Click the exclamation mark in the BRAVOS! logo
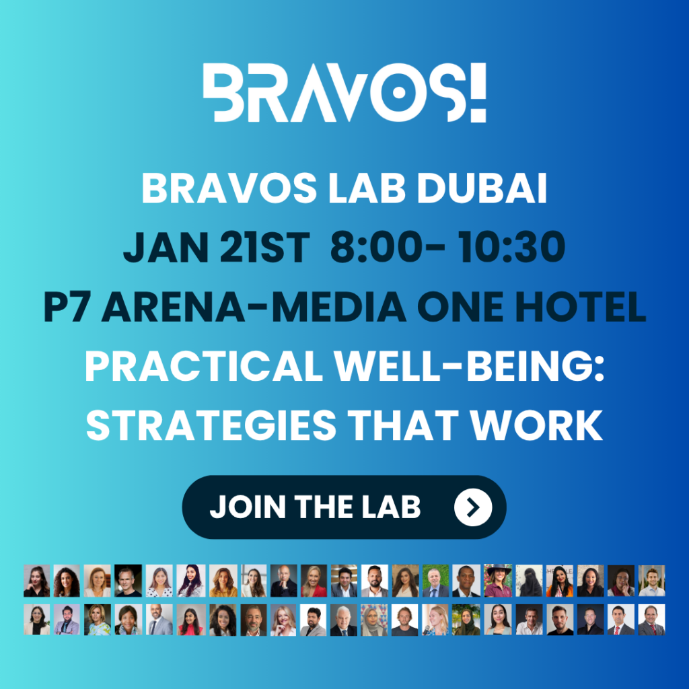point(478,92)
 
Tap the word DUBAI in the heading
point(482,188)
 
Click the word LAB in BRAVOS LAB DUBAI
point(367,188)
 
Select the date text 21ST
point(264,247)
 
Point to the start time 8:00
point(375,247)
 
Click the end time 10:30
point(511,247)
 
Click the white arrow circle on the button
point(473,507)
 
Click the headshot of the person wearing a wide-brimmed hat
point(498,581)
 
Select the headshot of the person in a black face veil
point(529,581)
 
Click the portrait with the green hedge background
point(435,581)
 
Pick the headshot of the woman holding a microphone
point(435,620)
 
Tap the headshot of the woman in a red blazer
point(314,581)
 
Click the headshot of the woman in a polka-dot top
point(159,581)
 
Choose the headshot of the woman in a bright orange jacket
point(559,581)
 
